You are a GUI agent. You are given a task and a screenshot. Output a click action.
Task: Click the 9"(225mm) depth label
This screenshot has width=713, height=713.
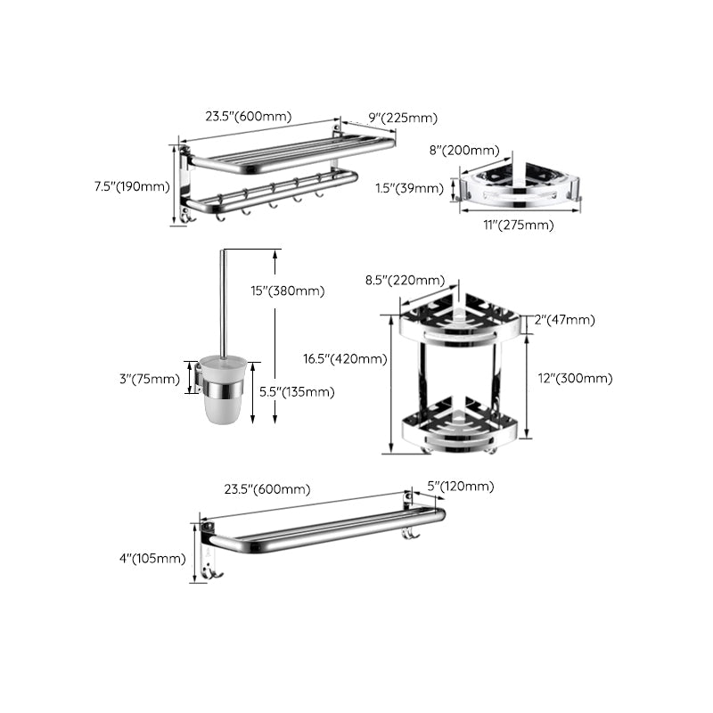pyautogui.click(x=403, y=119)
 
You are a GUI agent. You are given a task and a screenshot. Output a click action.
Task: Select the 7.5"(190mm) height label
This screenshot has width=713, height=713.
pyautogui.click(x=131, y=186)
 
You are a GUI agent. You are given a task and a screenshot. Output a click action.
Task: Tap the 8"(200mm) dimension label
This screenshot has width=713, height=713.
pyautogui.click(x=463, y=151)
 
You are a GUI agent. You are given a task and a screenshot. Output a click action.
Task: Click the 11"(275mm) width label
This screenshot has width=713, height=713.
pyautogui.click(x=518, y=225)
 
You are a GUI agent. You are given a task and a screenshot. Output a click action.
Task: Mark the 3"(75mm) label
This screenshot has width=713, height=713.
pyautogui.click(x=150, y=378)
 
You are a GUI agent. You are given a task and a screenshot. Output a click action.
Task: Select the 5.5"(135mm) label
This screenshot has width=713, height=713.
pyautogui.click(x=298, y=391)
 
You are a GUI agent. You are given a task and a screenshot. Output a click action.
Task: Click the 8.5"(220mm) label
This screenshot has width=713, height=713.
pyautogui.click(x=405, y=280)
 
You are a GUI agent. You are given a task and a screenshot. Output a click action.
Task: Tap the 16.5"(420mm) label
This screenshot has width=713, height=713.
pyautogui.click(x=345, y=359)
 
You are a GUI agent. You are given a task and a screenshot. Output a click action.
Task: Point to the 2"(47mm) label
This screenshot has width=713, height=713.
pyautogui.click(x=564, y=320)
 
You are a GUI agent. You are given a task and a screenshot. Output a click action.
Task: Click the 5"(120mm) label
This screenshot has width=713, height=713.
pyautogui.click(x=460, y=486)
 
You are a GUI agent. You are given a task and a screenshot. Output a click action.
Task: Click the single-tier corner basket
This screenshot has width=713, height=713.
pyautogui.click(x=520, y=184)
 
